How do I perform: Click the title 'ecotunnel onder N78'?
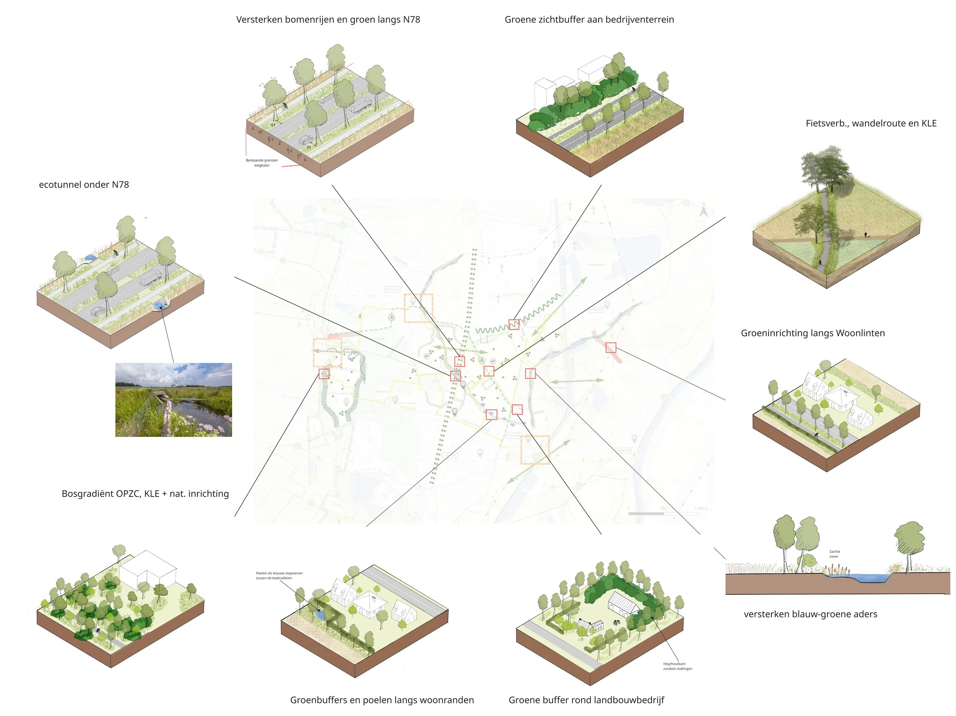pos(84,185)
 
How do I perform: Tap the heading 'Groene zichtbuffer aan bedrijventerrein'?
pos(589,20)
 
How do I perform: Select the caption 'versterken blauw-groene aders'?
pos(810,614)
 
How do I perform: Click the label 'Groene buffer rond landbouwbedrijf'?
pos(586,700)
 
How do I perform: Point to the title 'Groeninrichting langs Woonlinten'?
pos(813,333)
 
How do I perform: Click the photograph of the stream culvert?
pos(173,400)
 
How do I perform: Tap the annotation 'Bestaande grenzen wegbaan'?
pos(262,162)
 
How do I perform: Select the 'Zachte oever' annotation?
pos(834,554)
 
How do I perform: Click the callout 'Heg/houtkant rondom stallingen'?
pos(677,666)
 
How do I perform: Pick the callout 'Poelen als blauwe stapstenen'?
pos(279,576)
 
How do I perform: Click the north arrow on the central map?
pos(703,211)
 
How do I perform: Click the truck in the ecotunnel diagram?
pos(150,278)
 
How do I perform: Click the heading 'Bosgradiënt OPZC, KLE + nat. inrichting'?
pos(145,494)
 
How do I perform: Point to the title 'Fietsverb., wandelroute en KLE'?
pos(871,123)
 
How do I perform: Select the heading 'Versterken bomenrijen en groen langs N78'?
pos(328,20)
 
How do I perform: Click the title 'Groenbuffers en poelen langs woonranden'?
pos(382,700)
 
